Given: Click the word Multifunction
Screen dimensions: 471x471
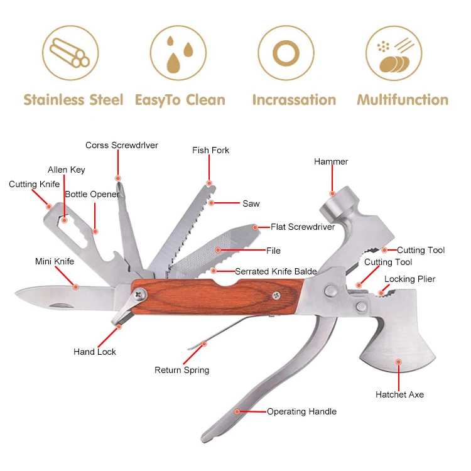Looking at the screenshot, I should click(x=403, y=100).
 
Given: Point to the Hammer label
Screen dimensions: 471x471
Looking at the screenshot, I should click(x=331, y=162).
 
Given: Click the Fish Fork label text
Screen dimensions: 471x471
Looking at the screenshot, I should click(x=211, y=150).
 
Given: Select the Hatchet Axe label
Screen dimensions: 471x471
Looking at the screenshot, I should click(x=399, y=394).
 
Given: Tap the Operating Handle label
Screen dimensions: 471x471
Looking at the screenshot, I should click(x=301, y=411).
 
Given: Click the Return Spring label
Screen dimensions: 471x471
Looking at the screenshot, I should click(x=182, y=370).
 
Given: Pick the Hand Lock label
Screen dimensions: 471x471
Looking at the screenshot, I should click(x=95, y=352).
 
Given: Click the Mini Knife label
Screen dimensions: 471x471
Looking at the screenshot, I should click(x=55, y=261).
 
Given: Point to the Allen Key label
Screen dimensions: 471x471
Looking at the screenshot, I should click(x=67, y=170).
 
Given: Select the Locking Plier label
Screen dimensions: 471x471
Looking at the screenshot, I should click(x=409, y=279).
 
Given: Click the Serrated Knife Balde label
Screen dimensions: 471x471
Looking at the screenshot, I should click(x=276, y=271).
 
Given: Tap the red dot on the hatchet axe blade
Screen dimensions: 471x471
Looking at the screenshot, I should click(x=398, y=362).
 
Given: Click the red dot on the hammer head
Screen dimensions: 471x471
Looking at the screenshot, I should click(x=333, y=193).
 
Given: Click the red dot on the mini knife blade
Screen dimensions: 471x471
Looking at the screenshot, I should click(x=75, y=287).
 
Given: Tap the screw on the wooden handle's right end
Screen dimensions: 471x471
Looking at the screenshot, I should click(x=277, y=293).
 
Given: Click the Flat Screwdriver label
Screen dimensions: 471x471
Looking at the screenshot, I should click(x=303, y=227).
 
